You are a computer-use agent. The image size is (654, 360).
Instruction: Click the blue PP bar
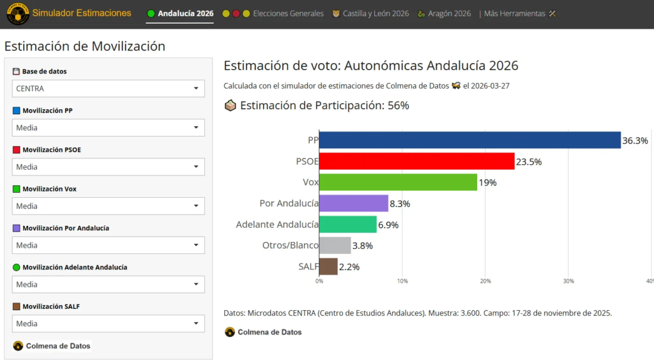[469, 140]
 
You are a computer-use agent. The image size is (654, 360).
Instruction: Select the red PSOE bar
[416, 161]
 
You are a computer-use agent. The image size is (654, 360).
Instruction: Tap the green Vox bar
[398, 183]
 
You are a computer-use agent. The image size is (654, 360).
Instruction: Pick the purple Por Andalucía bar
[353, 204]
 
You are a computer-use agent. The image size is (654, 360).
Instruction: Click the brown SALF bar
[328, 266]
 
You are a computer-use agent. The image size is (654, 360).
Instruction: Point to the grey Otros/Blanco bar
[335, 246]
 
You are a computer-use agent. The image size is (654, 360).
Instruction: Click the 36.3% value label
[635, 140]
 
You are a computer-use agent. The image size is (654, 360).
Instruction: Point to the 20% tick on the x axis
[485, 281]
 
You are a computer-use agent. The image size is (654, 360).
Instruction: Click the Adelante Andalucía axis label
[277, 225]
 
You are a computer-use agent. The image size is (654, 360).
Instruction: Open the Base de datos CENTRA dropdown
[108, 89]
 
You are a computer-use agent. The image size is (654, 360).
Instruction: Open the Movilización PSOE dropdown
[108, 167]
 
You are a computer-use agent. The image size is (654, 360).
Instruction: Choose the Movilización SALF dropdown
[108, 324]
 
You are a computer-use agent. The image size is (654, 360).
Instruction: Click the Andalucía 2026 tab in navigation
[185, 13]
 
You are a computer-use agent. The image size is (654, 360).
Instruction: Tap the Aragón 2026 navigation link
[448, 13]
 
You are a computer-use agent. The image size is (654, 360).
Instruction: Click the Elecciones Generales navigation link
[288, 13]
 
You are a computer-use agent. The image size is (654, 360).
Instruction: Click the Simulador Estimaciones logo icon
[17, 14]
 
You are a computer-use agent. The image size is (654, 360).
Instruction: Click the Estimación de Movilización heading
[85, 46]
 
